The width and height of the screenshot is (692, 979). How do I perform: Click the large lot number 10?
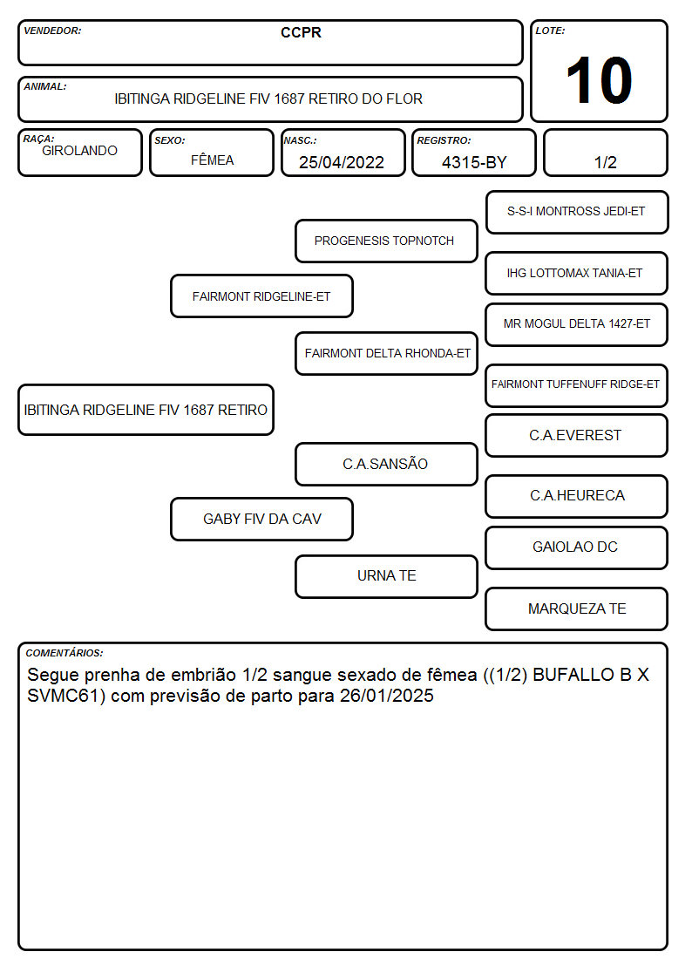[599, 80]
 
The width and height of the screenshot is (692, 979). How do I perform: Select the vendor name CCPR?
[301, 32]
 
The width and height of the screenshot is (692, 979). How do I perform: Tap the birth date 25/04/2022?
[342, 162]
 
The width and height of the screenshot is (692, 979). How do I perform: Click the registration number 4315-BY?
[474, 162]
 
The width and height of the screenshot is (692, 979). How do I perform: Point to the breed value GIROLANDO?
[79, 151]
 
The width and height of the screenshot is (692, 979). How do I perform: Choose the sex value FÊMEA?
[212, 160]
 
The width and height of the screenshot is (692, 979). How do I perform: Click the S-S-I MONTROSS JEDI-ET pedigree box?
[577, 213]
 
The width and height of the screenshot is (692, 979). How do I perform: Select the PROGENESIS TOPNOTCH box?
[386, 241]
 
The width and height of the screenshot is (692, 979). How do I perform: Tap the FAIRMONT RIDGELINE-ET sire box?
[261, 296]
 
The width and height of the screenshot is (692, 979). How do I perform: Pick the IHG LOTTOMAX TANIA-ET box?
[577, 273]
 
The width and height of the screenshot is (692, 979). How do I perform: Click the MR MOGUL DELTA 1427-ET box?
[577, 324]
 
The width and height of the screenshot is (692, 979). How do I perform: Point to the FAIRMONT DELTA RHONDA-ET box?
[386, 353]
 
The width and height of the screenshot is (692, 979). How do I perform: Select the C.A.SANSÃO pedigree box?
[386, 464]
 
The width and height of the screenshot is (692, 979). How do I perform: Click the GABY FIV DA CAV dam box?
[261, 519]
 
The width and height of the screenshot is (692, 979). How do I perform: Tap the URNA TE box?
[386, 576]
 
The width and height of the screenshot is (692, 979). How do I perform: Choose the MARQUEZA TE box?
[577, 608]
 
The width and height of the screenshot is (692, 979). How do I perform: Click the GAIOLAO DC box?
[577, 547]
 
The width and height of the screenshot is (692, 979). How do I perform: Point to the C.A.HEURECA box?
[577, 496]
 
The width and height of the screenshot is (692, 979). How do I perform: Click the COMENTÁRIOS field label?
[64, 653]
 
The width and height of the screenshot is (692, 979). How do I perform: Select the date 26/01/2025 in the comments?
[387, 696]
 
